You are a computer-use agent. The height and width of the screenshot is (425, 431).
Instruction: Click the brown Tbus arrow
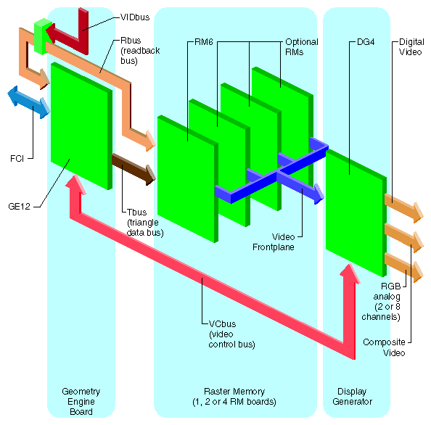[x=134, y=168]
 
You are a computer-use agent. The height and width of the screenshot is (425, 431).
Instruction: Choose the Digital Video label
[x=411, y=46]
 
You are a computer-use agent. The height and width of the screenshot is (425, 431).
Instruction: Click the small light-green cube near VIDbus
[x=41, y=36]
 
